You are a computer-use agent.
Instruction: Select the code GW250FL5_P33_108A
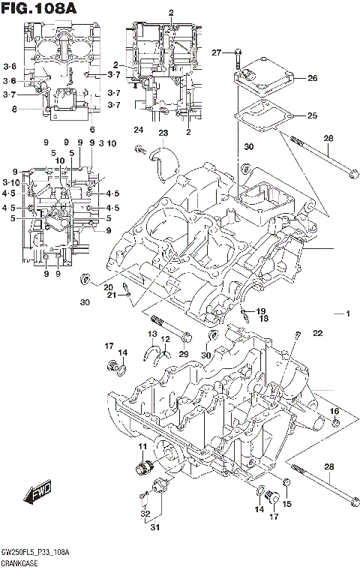tap(35, 552)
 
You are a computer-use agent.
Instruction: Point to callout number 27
tap(216, 52)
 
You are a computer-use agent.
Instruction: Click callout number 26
tap(312, 78)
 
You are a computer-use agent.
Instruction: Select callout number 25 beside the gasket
tap(312, 115)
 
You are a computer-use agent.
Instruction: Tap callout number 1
tap(347, 313)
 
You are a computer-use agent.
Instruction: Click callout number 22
tap(317, 333)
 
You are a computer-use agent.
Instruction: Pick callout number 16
tap(334, 411)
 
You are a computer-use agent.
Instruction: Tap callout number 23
tap(162, 133)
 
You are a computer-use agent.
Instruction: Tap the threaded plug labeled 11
tap(138, 469)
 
